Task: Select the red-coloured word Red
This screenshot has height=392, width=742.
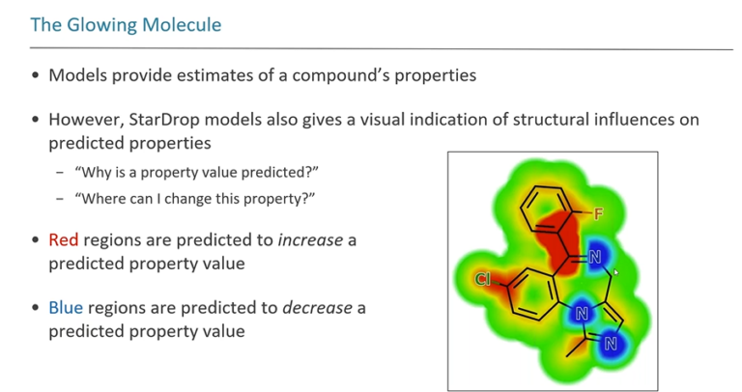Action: [64, 240]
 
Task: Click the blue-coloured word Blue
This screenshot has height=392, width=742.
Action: [66, 308]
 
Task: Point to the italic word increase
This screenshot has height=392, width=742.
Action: [310, 240]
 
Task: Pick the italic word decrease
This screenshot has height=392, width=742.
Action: [317, 308]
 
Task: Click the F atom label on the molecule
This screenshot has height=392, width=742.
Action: [598, 214]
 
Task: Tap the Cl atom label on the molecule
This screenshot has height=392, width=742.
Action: [482, 279]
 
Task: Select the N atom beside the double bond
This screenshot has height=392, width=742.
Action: [595, 257]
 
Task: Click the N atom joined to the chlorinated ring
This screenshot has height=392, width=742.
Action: [582, 314]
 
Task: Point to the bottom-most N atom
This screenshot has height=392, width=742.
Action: [611, 344]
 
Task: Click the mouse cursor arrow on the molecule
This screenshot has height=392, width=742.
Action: [616, 272]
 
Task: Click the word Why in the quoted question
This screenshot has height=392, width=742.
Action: [96, 172]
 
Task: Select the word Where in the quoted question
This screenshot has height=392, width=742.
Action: [99, 199]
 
